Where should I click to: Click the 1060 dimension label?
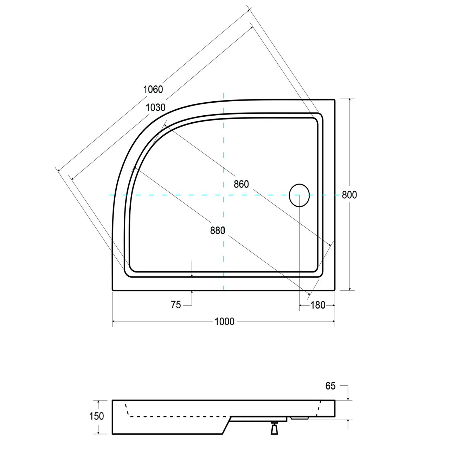(153, 89)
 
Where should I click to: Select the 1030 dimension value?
(155, 108)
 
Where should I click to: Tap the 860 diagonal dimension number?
(241, 184)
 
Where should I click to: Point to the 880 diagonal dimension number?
(218, 230)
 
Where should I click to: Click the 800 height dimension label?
(349, 195)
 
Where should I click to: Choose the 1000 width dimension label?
(224, 321)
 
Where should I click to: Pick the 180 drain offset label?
(318, 306)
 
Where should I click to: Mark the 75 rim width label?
(176, 305)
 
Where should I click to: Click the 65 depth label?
(330, 386)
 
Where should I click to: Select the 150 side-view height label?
(97, 416)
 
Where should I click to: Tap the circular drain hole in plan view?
(299, 195)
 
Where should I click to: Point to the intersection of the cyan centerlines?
(224, 195)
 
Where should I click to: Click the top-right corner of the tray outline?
(334, 100)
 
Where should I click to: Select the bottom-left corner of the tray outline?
(112, 290)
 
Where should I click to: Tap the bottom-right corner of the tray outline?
(334, 290)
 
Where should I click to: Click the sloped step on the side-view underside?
(224, 425)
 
